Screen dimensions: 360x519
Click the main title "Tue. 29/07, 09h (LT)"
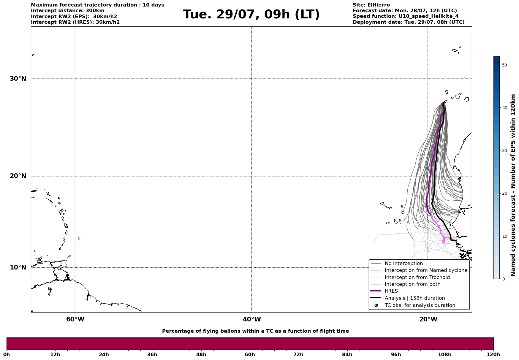point(251,15)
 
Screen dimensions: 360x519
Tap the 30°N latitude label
point(18,79)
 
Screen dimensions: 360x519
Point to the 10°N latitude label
point(18,267)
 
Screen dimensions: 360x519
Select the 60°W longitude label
point(75,319)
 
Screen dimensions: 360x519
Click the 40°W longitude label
point(252,319)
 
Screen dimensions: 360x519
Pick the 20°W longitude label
point(428,319)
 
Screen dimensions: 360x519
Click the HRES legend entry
point(391,291)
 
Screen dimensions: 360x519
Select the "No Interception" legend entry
point(404,264)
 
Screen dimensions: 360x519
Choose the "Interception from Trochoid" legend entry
point(417,277)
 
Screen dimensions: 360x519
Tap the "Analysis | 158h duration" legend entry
point(414,298)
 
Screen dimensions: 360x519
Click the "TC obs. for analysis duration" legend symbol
point(376,305)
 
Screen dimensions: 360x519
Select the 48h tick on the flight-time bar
point(201,354)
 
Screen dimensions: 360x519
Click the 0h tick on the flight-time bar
point(7,354)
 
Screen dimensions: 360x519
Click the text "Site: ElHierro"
point(371,5)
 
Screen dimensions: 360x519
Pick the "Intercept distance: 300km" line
point(68,11)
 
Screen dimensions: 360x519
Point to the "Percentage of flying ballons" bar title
point(255,331)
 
